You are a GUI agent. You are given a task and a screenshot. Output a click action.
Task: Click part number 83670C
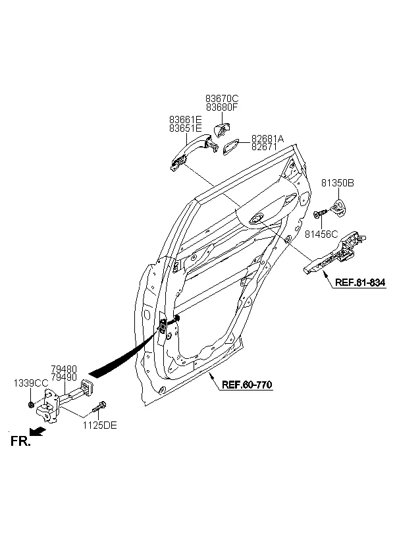(222, 99)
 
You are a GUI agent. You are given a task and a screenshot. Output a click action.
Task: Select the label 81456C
(321, 233)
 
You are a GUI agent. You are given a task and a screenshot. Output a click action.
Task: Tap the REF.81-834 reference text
(359, 283)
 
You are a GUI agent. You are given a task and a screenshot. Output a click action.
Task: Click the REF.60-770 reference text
(246, 385)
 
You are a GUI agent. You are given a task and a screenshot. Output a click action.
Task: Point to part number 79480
(64, 370)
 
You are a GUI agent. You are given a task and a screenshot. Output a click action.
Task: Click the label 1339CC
(31, 383)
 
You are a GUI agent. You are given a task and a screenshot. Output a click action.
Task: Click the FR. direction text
(20, 443)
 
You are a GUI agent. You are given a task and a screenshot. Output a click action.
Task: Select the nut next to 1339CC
(32, 404)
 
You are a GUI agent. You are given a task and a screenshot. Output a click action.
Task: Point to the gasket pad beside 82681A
(230, 146)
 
